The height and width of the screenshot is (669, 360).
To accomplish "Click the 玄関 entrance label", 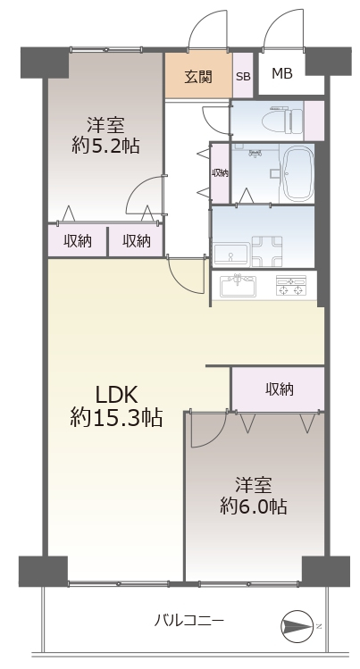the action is coord(198,77).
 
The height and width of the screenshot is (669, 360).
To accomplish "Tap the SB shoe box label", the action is coord(243,77).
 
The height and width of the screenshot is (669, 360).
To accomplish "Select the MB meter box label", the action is coord(282,74).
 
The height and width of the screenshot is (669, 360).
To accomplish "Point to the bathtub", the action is coord(298,173).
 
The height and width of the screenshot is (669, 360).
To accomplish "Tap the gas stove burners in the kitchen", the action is coord(291,286).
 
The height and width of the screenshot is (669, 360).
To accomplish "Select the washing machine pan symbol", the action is coord(267,252).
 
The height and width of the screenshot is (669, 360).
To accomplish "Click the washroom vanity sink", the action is coord(231,255).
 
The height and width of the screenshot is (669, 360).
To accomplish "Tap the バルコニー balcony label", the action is coord(188,620).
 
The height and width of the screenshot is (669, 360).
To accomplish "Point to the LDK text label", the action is coord(116,396).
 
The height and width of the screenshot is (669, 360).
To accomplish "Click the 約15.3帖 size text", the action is coord(116,417).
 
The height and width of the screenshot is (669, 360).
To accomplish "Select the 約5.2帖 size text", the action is coord(105,146).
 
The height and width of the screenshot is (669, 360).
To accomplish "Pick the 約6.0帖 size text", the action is coord(254,506).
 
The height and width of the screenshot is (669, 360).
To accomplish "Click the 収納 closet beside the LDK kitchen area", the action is coord(278,389).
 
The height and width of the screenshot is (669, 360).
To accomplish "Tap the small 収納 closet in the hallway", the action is coord(220,172).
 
